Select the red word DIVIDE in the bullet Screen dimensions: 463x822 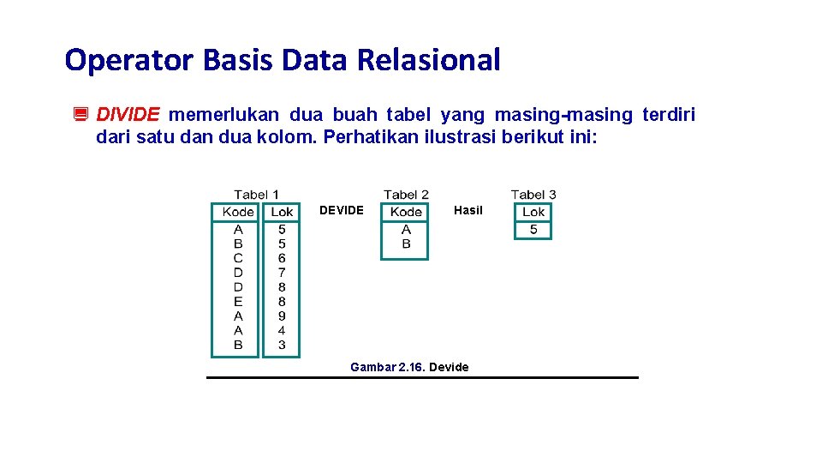(x=128, y=115)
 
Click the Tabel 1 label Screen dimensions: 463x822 (x=256, y=195)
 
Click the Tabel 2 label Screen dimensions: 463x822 (x=406, y=195)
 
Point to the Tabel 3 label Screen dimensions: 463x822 (x=533, y=195)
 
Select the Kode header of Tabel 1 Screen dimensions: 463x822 (x=237, y=212)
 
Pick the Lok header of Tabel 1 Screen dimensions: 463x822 (x=282, y=212)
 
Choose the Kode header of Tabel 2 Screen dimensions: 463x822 (x=406, y=212)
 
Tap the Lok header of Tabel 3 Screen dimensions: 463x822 (x=533, y=212)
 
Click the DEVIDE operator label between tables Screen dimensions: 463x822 (x=341, y=211)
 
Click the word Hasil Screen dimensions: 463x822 (x=468, y=211)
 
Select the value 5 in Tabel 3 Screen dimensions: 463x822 (x=533, y=230)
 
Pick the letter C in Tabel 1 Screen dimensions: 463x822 (x=238, y=258)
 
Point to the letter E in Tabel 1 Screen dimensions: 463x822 (x=238, y=302)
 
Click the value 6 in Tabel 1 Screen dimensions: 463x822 (x=282, y=258)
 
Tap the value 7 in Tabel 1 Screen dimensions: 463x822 (x=282, y=273)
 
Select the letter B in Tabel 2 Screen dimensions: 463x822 (x=406, y=244)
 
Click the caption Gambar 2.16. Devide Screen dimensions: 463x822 (x=409, y=367)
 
